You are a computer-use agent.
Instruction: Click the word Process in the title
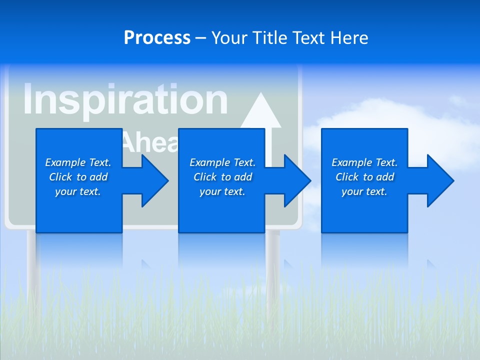coord(157,38)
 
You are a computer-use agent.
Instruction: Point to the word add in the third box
coord(385,177)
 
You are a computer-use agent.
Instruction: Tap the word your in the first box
coord(65,191)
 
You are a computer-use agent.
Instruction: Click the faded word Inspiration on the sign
coord(125,100)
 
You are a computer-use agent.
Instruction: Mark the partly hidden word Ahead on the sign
coord(150,142)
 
